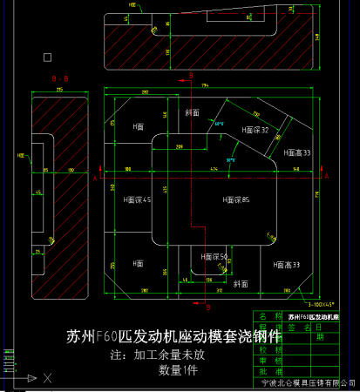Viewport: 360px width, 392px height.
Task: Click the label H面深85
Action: (236, 200)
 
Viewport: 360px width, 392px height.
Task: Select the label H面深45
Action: (138, 200)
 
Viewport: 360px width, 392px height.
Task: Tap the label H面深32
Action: (253, 131)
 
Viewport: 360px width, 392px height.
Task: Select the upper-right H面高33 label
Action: (297, 152)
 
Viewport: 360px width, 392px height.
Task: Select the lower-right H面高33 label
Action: (286, 264)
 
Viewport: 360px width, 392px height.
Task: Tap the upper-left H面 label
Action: (138, 126)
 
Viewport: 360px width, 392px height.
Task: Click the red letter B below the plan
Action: (207, 308)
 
